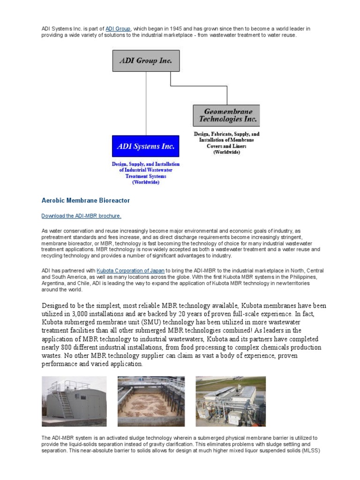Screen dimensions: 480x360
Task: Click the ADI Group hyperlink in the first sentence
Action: pyautogui.click(x=118, y=29)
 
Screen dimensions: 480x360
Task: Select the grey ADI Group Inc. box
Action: pyautogui.click(x=146, y=61)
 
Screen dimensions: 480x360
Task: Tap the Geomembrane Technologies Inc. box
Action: pyautogui.click(x=226, y=115)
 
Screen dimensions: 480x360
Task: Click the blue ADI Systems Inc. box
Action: pyautogui.click(x=146, y=146)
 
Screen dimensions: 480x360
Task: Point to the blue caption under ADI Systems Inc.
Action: pyautogui.click(x=146, y=173)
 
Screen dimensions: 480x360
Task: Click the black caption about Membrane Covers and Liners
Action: pyautogui.click(x=226, y=143)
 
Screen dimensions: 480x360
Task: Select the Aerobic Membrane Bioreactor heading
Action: pyautogui.click(x=86, y=201)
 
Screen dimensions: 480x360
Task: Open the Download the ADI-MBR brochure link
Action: pyautogui.click(x=82, y=216)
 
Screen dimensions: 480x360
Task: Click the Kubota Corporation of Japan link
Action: pyautogui.click(x=131, y=271)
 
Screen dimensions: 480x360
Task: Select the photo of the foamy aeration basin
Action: pyautogui.click(x=150, y=401)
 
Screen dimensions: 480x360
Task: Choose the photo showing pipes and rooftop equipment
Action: pyautogui.click(x=230, y=401)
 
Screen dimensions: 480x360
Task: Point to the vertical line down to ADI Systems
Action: pyautogui.click(x=146, y=103)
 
